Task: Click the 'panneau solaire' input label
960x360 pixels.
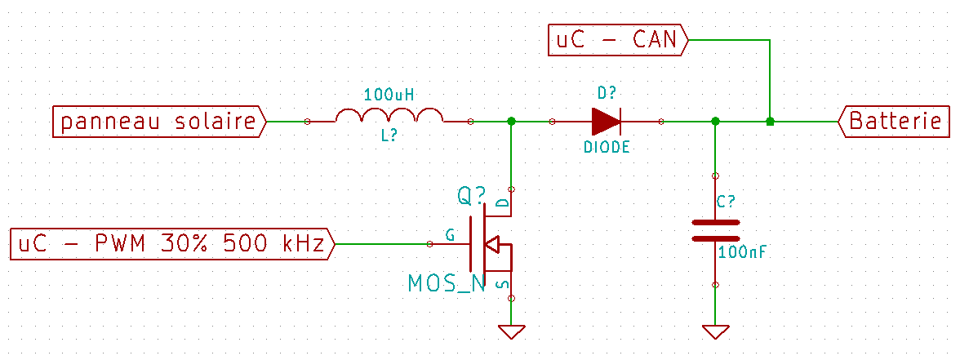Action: (160, 122)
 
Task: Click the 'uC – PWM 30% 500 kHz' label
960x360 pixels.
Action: (173, 244)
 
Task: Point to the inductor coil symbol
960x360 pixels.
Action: (389, 115)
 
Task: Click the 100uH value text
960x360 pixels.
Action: (389, 96)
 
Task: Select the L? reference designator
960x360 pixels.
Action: (389, 139)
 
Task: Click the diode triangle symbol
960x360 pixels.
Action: (606, 122)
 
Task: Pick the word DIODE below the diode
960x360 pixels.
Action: (607, 148)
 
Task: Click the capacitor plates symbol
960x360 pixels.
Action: (716, 230)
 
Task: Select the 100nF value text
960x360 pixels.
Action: (742, 251)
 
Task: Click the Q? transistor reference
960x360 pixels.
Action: (472, 197)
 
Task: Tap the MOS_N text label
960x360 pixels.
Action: (447, 283)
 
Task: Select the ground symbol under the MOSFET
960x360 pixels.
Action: (512, 331)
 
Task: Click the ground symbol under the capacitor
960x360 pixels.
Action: (716, 331)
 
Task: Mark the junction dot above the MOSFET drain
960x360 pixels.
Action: (512, 122)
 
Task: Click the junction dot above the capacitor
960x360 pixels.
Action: (716, 122)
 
